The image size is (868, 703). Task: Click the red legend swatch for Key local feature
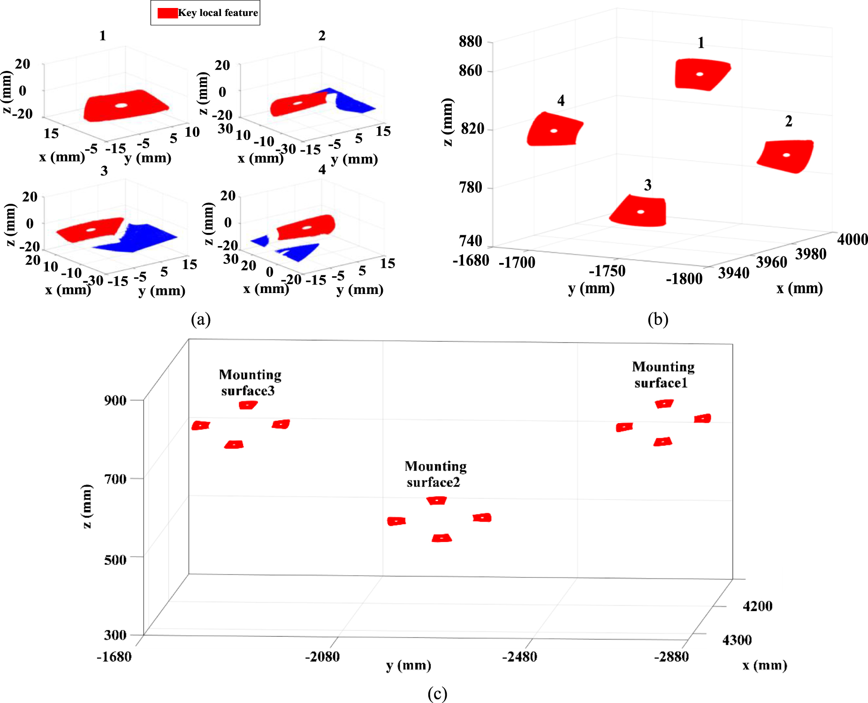[x=168, y=13]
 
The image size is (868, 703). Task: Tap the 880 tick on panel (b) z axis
[x=470, y=42]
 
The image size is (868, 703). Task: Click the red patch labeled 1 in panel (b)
[x=700, y=74]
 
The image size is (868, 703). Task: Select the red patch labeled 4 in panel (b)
[x=554, y=130]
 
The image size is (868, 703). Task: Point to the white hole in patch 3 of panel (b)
[x=640, y=212]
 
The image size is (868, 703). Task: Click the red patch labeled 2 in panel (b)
[x=786, y=155]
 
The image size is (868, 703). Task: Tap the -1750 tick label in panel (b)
[x=607, y=271]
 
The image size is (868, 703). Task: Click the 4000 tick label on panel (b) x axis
[x=852, y=239]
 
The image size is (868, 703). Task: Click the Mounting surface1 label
[x=662, y=375]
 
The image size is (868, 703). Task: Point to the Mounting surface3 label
[x=250, y=383]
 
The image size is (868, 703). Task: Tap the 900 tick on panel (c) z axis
[x=115, y=401]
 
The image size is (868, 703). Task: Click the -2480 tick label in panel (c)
[x=519, y=657]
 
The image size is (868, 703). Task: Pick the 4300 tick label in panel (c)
[x=737, y=640]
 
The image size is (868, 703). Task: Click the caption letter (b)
[x=657, y=320]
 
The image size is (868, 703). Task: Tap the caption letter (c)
[x=437, y=694]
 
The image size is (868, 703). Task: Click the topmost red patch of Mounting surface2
[x=437, y=501]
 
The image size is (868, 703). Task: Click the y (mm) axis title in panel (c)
[x=408, y=665]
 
